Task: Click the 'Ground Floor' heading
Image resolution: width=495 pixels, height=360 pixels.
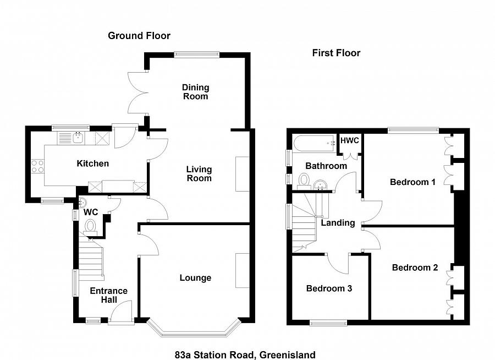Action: pyautogui.click(x=139, y=36)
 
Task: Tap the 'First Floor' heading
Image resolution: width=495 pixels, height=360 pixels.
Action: pyautogui.click(x=336, y=53)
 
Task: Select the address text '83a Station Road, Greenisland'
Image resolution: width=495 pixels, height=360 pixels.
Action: pyautogui.click(x=245, y=355)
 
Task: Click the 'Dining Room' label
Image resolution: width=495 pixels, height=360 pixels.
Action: pyautogui.click(x=196, y=92)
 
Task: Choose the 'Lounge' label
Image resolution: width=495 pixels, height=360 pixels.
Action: pyautogui.click(x=195, y=277)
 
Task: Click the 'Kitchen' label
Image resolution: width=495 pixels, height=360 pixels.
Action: pyautogui.click(x=92, y=163)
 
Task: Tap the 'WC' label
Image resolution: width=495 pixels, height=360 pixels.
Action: pyautogui.click(x=91, y=212)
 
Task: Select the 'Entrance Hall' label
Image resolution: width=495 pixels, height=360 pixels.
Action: pyautogui.click(x=108, y=295)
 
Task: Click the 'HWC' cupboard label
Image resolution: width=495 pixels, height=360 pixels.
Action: pyautogui.click(x=350, y=141)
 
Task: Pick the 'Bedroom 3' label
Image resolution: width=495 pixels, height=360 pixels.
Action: pyautogui.click(x=329, y=288)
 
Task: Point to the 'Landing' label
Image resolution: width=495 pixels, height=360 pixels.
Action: pyautogui.click(x=338, y=223)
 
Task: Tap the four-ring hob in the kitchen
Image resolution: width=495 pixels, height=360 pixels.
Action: pyautogui.click(x=37, y=166)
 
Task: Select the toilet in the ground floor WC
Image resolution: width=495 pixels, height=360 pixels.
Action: pyautogui.click(x=91, y=226)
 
